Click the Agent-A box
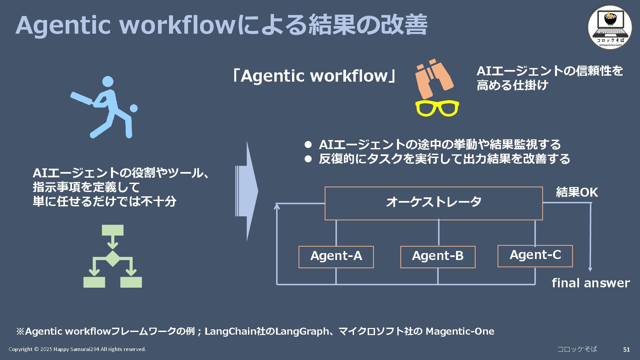[x=336, y=257]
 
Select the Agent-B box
[x=438, y=257]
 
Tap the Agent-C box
[x=535, y=256]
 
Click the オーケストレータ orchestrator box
[x=434, y=203]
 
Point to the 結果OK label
[x=577, y=192]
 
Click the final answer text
[x=591, y=283]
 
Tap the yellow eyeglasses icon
[x=437, y=108]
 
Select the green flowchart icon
[x=113, y=256]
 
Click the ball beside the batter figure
[x=134, y=109]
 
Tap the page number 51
[x=626, y=349]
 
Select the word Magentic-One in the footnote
[x=460, y=331]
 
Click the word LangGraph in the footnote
[x=302, y=331]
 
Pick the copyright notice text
[x=77, y=349]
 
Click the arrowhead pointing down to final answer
[x=590, y=269]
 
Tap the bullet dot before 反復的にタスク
[x=308, y=159]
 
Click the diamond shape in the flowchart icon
[x=113, y=258]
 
